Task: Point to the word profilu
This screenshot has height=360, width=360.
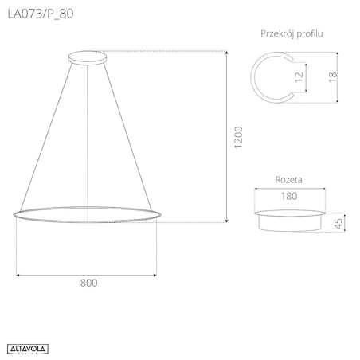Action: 313,33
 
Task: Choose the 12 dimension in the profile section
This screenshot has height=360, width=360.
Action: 299,76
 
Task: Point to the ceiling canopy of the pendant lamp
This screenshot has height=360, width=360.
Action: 87,57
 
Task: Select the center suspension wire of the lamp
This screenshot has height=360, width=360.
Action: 87,135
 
